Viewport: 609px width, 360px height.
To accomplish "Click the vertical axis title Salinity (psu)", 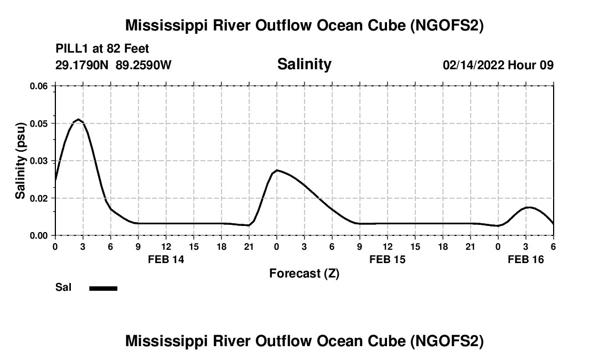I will click(x=20, y=161).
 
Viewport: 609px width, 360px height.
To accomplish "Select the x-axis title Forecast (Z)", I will click(x=304, y=273).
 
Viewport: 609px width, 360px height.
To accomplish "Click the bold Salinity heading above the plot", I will click(x=304, y=64).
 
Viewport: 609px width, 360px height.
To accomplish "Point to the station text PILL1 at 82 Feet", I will click(x=102, y=49).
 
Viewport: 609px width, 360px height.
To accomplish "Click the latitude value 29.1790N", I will click(x=82, y=65).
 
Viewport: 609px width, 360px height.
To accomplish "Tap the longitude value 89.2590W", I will click(x=144, y=65).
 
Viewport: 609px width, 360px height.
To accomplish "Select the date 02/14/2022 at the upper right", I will click(x=473, y=65).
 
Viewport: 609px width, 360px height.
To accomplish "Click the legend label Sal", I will click(x=64, y=287).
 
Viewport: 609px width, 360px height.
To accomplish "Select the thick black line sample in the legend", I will click(x=103, y=288).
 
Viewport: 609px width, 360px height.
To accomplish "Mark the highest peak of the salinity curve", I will click(x=79, y=120).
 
